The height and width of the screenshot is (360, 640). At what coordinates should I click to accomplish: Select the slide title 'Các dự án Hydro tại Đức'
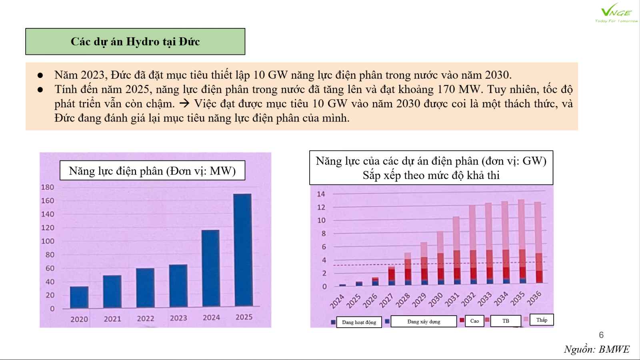click(135, 42)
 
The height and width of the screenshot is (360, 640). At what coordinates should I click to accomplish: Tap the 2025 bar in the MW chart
click(243, 250)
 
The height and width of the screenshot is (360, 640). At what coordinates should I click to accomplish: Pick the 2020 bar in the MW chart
click(79, 297)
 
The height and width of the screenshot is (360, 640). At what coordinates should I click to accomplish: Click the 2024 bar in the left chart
click(210, 268)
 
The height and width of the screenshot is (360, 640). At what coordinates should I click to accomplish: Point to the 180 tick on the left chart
click(48, 187)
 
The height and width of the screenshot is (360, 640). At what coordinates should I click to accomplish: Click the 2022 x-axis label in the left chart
click(146, 318)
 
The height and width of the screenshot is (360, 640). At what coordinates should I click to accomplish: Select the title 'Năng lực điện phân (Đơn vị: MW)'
click(152, 170)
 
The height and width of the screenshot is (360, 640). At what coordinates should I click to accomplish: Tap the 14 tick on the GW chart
click(321, 194)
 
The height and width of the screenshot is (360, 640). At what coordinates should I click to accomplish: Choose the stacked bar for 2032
click(472, 244)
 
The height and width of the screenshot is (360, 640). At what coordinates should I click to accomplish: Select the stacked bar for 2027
click(392, 276)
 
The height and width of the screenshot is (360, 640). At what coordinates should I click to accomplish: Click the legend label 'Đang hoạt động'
click(359, 322)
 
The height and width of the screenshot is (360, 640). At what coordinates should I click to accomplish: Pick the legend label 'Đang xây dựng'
click(424, 322)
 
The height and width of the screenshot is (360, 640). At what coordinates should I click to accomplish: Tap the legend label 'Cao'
click(474, 321)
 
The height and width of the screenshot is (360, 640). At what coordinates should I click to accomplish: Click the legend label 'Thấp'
click(542, 320)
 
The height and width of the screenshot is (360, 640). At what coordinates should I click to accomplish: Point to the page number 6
click(601, 335)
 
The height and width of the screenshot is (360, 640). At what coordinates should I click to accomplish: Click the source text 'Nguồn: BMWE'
click(596, 350)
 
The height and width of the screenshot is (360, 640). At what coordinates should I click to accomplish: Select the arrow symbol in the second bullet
click(184, 103)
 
